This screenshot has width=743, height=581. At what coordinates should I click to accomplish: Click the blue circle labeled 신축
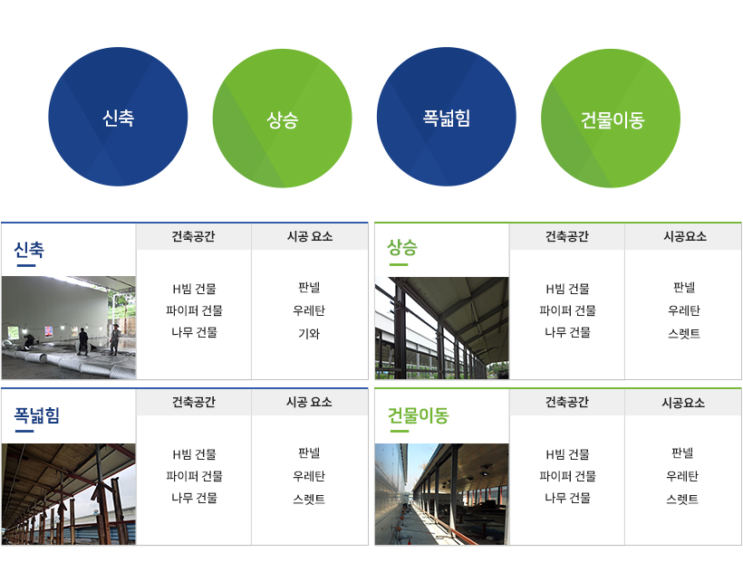tap(118, 117)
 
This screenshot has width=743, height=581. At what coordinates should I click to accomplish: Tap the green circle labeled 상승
tap(283, 119)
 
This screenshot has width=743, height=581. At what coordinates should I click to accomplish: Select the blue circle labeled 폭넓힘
tap(447, 117)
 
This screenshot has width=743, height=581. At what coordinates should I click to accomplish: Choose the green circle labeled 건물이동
tap(611, 119)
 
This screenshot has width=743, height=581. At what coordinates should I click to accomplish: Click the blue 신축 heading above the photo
tap(29, 250)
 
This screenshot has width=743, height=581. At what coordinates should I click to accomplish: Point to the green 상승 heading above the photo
tap(402, 247)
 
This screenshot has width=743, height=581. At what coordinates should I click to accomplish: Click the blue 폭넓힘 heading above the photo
tap(37, 414)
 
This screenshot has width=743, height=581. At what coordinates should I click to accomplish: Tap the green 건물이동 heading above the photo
tap(418, 414)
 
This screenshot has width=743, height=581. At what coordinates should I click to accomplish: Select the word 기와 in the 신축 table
tap(309, 334)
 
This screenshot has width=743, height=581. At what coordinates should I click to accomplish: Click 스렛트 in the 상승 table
tap(684, 334)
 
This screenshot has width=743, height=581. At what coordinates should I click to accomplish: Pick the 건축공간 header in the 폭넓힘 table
tap(193, 402)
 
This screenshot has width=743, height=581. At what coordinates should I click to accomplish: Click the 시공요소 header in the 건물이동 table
tap(683, 402)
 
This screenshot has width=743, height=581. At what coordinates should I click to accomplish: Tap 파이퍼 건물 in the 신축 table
tap(194, 310)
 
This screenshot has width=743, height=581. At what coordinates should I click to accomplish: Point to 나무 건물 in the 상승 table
tap(567, 332)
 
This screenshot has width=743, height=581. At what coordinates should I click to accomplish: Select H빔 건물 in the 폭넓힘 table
tap(194, 454)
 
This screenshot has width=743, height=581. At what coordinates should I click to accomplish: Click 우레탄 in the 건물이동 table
tap(682, 476)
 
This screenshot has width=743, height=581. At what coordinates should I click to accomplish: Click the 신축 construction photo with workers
tap(69, 328)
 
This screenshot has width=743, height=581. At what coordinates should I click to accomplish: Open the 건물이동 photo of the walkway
tap(441, 494)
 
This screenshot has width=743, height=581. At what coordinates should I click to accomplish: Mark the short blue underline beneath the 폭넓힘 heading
tap(24, 431)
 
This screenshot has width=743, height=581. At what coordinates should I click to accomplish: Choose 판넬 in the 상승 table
tap(684, 287)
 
